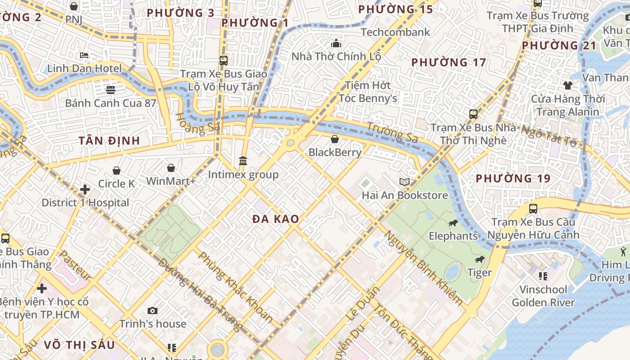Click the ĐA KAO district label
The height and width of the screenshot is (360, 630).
275,219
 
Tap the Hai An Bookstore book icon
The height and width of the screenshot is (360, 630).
405,182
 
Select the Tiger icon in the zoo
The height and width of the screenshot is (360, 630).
480,260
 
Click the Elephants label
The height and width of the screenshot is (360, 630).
453,236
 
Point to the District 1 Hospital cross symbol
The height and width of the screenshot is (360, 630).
85,189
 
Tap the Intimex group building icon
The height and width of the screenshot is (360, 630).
243,161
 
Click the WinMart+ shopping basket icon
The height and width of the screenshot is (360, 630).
171,168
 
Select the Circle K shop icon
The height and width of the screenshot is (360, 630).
117,171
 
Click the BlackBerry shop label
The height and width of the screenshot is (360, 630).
335,153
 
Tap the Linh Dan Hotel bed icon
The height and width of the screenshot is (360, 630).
84,56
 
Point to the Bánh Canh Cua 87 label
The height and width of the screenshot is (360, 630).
110,103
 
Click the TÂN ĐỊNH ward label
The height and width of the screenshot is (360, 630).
109,141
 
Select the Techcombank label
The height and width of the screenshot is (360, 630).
396,32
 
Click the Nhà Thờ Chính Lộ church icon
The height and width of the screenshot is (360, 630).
336,44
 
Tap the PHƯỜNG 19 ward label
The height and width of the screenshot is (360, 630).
513,179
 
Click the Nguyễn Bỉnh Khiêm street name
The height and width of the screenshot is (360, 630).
423,268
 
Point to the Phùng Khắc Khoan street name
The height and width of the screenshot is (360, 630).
235,287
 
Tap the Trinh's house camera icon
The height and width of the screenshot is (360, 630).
153,310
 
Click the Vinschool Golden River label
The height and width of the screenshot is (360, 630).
543,296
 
